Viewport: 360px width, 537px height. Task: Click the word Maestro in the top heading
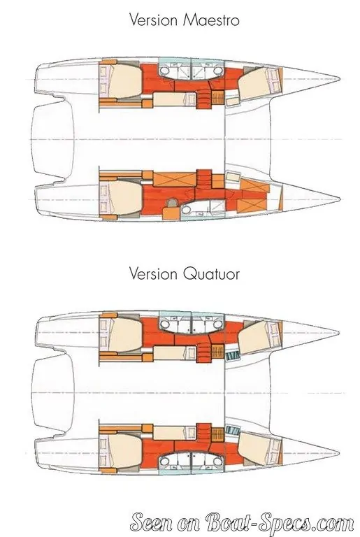coord(211,20)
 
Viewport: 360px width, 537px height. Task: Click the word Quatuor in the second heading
coord(211,273)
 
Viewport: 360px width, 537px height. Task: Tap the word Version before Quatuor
coord(154,273)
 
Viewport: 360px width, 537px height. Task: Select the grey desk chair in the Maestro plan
coord(171,205)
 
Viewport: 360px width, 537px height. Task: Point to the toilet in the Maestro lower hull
coord(187,210)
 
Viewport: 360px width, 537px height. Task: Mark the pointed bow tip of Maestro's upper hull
coord(339,79)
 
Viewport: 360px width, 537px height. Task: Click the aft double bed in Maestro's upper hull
coord(120,81)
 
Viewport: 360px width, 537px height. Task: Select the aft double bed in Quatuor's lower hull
coord(120,453)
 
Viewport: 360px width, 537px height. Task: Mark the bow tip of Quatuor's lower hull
coord(339,453)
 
